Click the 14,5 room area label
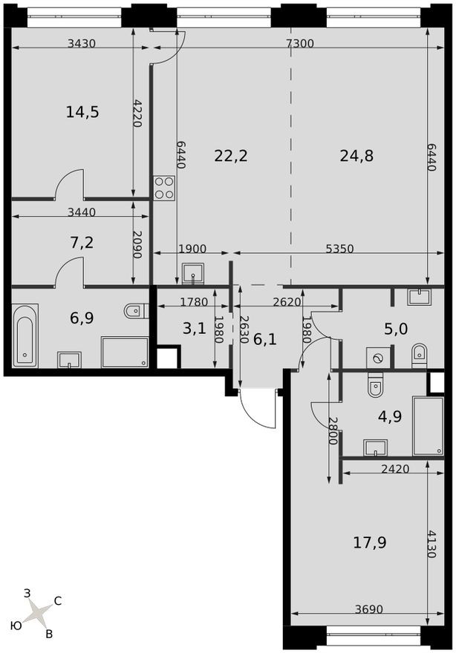82,112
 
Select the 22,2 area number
230,156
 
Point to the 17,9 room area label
369,542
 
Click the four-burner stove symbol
164,188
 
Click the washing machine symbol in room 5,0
378,358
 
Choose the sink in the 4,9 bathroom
375,447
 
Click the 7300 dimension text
300,44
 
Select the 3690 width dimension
368,609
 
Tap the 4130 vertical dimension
433,544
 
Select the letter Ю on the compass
15,626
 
